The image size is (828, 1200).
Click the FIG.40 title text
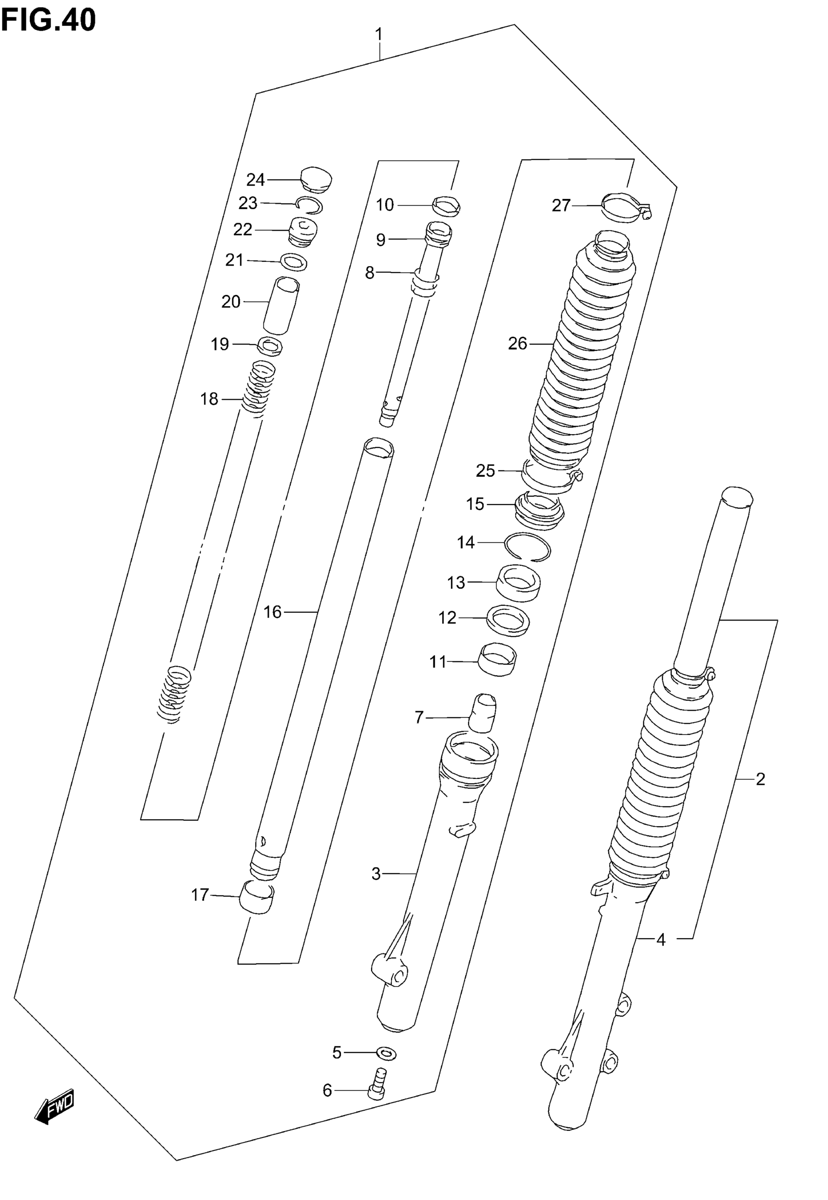[x=48, y=20]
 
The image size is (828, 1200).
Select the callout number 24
[x=255, y=180]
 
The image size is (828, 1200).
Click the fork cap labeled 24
[x=317, y=178]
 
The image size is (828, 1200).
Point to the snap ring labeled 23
[x=310, y=205]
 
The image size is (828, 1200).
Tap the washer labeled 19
[x=270, y=346]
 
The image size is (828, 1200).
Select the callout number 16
[x=272, y=613]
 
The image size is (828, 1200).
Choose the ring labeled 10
[x=446, y=206]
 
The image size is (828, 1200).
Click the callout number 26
[x=517, y=344]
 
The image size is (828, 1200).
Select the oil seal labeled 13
[x=518, y=583]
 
